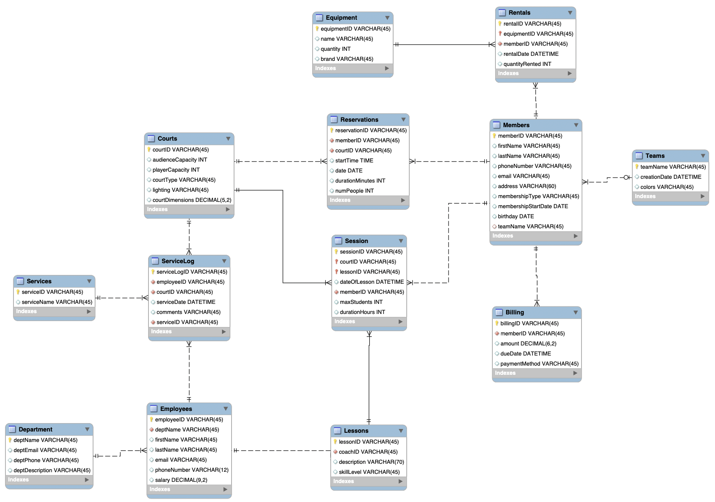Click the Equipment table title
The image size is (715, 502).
point(341,18)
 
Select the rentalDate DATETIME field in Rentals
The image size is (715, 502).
point(531,54)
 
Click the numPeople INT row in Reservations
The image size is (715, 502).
point(354,191)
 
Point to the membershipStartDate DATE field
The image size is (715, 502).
point(532,207)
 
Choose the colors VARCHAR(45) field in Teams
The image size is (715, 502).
point(666,187)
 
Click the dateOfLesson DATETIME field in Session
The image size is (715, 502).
point(371,282)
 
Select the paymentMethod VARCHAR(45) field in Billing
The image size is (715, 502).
point(539,364)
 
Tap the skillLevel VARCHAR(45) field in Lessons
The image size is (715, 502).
point(369,472)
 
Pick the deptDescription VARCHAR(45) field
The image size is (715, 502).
point(52,471)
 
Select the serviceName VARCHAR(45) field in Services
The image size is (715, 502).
point(57,302)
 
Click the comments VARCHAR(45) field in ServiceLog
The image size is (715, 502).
point(188,312)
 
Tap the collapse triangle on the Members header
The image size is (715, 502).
point(576,125)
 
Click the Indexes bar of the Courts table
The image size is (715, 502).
point(189,209)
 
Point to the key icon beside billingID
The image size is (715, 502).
point(497,324)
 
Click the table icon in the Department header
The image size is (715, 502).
point(12,429)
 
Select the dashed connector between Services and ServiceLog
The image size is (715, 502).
point(122,298)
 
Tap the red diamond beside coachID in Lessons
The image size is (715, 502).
point(335,452)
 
